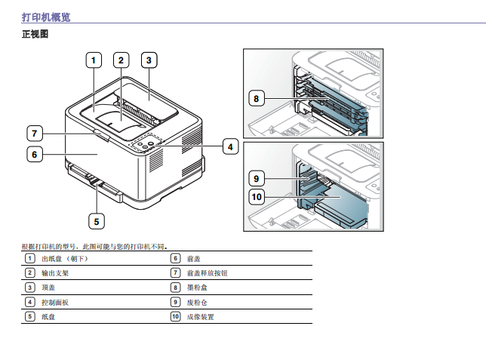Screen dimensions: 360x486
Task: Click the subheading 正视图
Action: pos(35,35)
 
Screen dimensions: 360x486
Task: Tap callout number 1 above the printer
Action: pos(94,60)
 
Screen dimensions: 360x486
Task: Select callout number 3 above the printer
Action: pos(149,60)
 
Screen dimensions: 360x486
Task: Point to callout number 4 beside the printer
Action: pos(230,147)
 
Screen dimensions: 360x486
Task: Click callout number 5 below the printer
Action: pos(96,221)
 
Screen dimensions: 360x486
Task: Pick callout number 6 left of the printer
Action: pos(34,155)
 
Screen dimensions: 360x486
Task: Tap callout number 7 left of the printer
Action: pos(34,134)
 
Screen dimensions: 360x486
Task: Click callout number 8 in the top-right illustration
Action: pos(257,98)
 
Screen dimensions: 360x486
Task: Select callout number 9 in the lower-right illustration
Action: pos(257,178)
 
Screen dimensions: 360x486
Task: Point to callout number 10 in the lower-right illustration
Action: pos(257,197)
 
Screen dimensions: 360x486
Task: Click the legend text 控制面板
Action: pos(55,302)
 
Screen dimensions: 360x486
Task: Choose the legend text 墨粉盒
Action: pos(197,288)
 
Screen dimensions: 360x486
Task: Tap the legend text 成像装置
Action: pos(200,317)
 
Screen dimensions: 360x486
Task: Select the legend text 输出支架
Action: pos(55,272)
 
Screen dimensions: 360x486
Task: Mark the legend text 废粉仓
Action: pos(197,302)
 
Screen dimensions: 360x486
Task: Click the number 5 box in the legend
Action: pos(29,317)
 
